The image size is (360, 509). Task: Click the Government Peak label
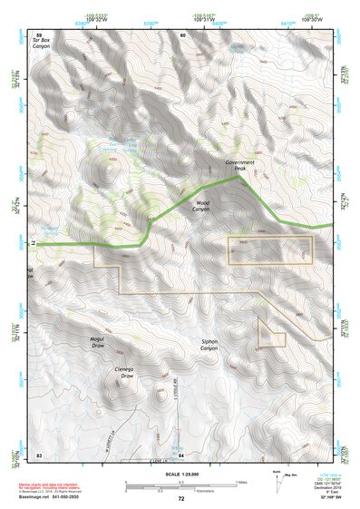(x=241, y=165)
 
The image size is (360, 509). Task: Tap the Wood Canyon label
(x=202, y=207)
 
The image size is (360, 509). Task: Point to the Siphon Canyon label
(x=209, y=346)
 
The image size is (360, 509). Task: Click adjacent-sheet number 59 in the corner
(x=38, y=34)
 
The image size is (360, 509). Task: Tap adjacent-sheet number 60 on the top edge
(x=181, y=34)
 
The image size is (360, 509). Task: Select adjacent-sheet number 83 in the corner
(x=38, y=453)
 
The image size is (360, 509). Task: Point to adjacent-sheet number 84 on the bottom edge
(x=181, y=453)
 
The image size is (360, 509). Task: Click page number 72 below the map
(x=181, y=498)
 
